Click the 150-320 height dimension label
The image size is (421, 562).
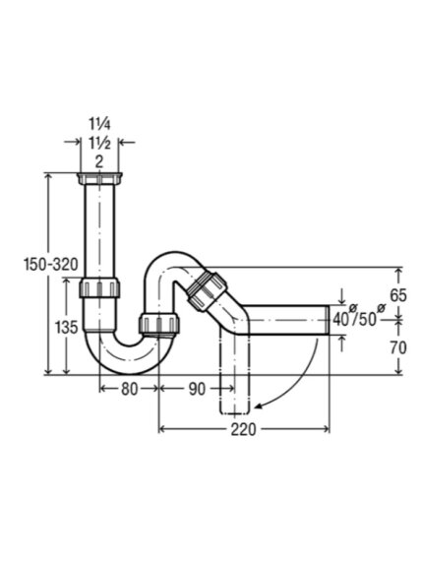[50, 265]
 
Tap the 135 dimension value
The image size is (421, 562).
[66, 327]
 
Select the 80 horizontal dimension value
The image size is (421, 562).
[129, 389]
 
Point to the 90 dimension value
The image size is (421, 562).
[197, 389]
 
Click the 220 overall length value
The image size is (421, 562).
[243, 429]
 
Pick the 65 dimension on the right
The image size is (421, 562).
[398, 295]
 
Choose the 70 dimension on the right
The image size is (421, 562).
[398, 347]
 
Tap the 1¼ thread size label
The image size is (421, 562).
[99, 124]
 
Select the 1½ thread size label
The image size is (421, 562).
[99, 143]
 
